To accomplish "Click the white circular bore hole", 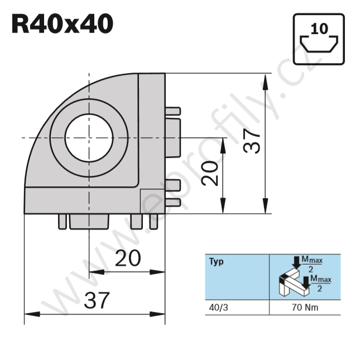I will pyautogui.click(x=89, y=137).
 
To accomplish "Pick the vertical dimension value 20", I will pyautogui.click(x=210, y=173).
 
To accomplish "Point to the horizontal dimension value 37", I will pyautogui.click(x=96, y=301).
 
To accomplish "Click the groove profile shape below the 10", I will pyautogui.click(x=319, y=43).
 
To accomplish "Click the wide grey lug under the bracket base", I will pyautogui.click(x=88, y=222).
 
